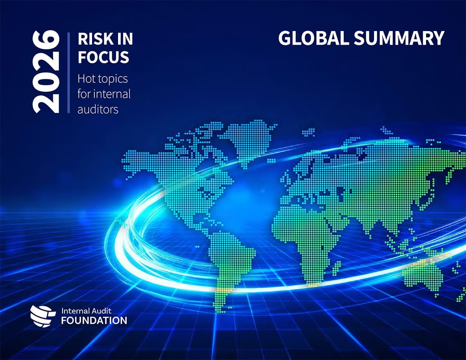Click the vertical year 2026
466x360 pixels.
[x=46, y=73]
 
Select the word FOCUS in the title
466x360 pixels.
[x=103, y=57]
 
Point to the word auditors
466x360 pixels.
[x=97, y=109]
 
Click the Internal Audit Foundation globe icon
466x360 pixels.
[x=40, y=315]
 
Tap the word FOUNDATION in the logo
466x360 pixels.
[x=94, y=321]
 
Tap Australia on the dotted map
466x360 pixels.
[x=423, y=272]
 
